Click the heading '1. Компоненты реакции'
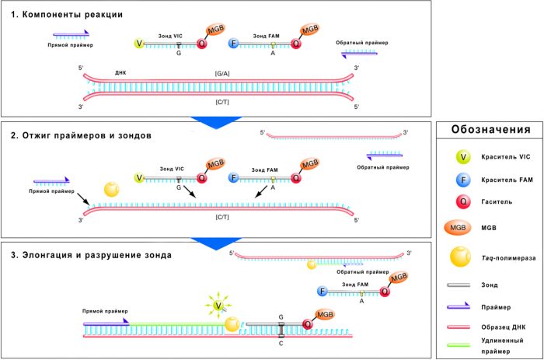pos(63,15)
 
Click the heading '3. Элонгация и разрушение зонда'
pos(95,254)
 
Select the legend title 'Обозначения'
pos(489,130)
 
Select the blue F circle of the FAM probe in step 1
pos(232,44)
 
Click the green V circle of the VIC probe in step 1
pos(139,44)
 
